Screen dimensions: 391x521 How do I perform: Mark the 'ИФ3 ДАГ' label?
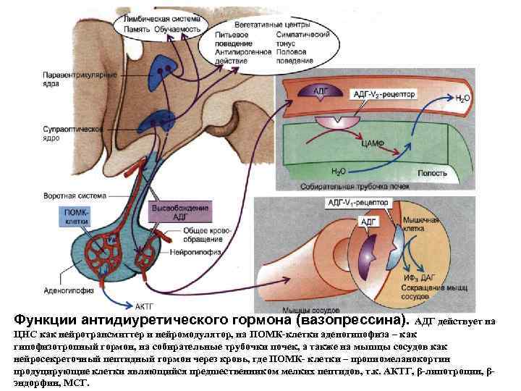tap(412, 277)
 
